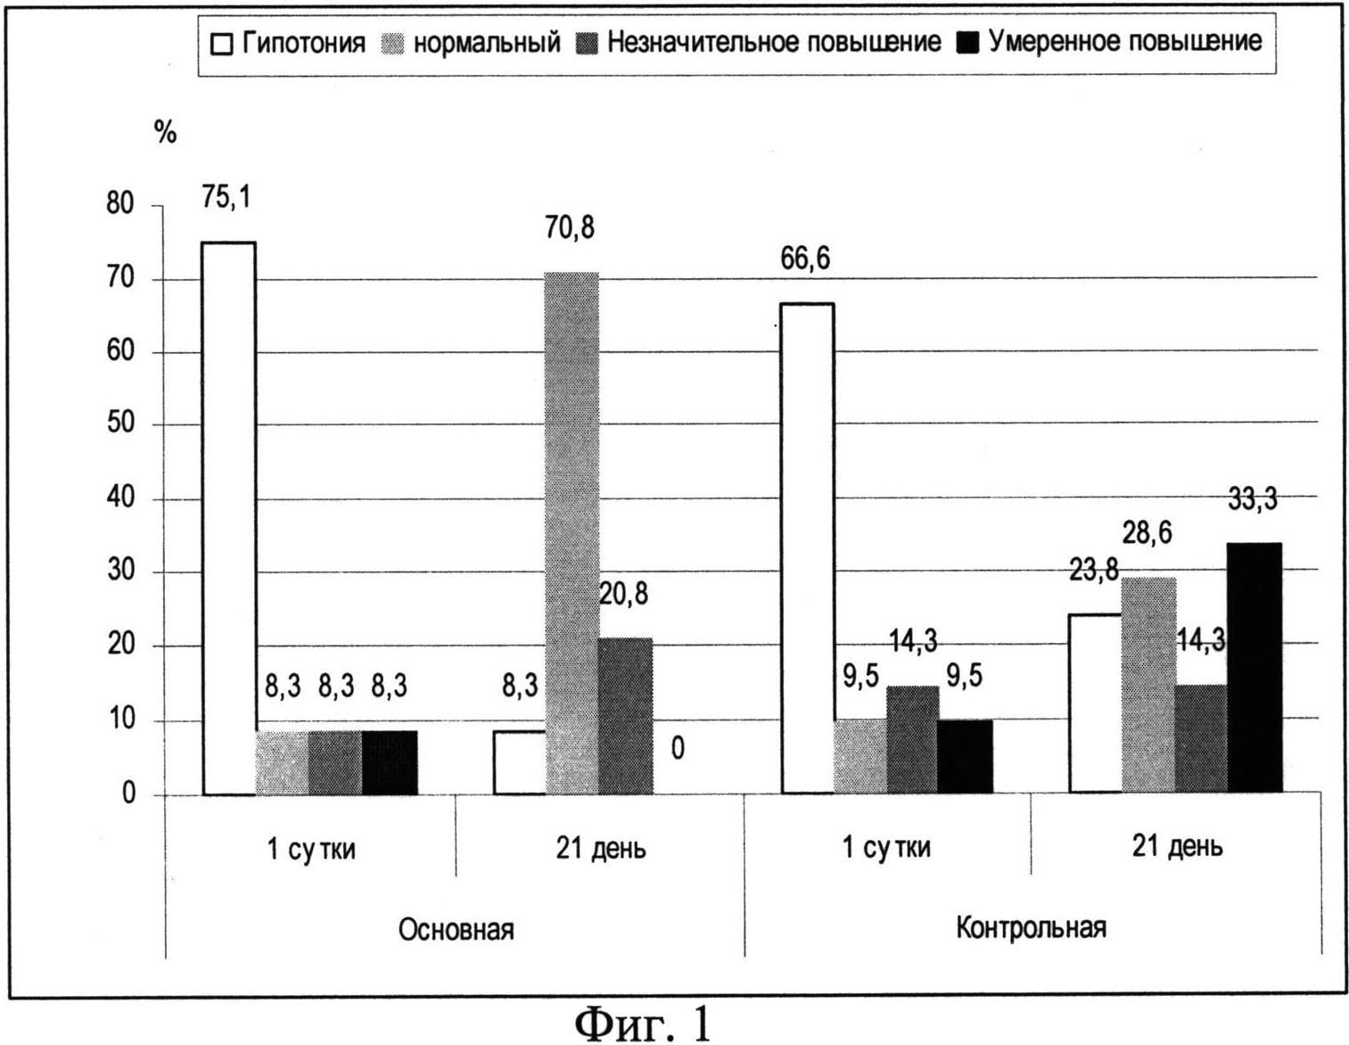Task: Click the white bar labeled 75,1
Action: [229, 517]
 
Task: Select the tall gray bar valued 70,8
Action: [572, 532]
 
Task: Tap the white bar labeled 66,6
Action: [808, 547]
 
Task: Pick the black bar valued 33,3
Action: [1254, 667]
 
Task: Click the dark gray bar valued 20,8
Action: [625, 715]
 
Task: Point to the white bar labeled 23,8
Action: [1096, 703]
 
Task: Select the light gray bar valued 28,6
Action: [1149, 684]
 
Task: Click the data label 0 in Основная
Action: [678, 748]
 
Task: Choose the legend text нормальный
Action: [487, 43]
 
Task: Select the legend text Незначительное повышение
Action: [773, 43]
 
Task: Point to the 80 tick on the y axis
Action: [120, 204]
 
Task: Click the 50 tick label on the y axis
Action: [120, 424]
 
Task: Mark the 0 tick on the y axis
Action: [129, 794]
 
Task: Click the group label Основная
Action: [456, 929]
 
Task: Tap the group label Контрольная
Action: [1031, 927]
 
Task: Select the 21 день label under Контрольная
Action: [1177, 846]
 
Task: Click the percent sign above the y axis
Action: [166, 133]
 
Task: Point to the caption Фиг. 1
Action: [643, 1024]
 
